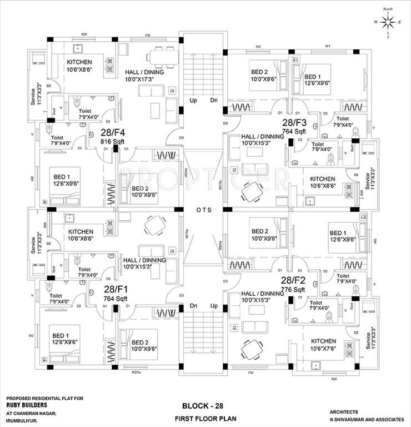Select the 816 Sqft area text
tap(112, 142)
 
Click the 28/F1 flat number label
tap(115, 289)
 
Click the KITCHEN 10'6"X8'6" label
tap(79, 66)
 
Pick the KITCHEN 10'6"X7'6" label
tap(323, 345)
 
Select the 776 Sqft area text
tap(294, 290)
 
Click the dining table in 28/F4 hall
tap(162, 57)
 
